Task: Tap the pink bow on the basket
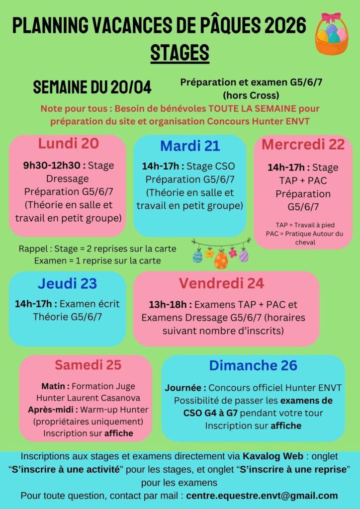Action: [x=331, y=18]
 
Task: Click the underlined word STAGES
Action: [x=180, y=52]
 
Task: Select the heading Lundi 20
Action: [x=69, y=144]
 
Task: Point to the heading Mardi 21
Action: [x=190, y=146]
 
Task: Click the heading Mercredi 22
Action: [x=303, y=144]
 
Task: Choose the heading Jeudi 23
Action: [x=67, y=284]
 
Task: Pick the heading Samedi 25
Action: [x=88, y=365]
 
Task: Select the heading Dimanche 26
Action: [x=253, y=365]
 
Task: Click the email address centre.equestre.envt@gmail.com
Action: [x=263, y=496]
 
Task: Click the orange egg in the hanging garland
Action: [x=221, y=259]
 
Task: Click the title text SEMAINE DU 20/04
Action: [x=92, y=87]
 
